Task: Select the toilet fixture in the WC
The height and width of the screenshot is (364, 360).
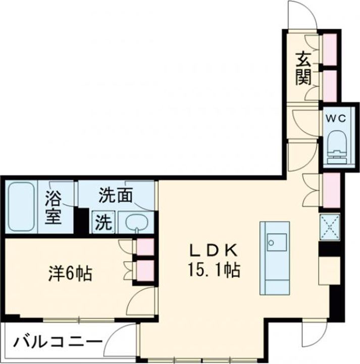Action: point(334,146)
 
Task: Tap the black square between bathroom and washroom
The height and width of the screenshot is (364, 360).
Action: point(81,220)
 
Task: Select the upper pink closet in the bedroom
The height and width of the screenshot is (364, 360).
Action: point(145,247)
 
